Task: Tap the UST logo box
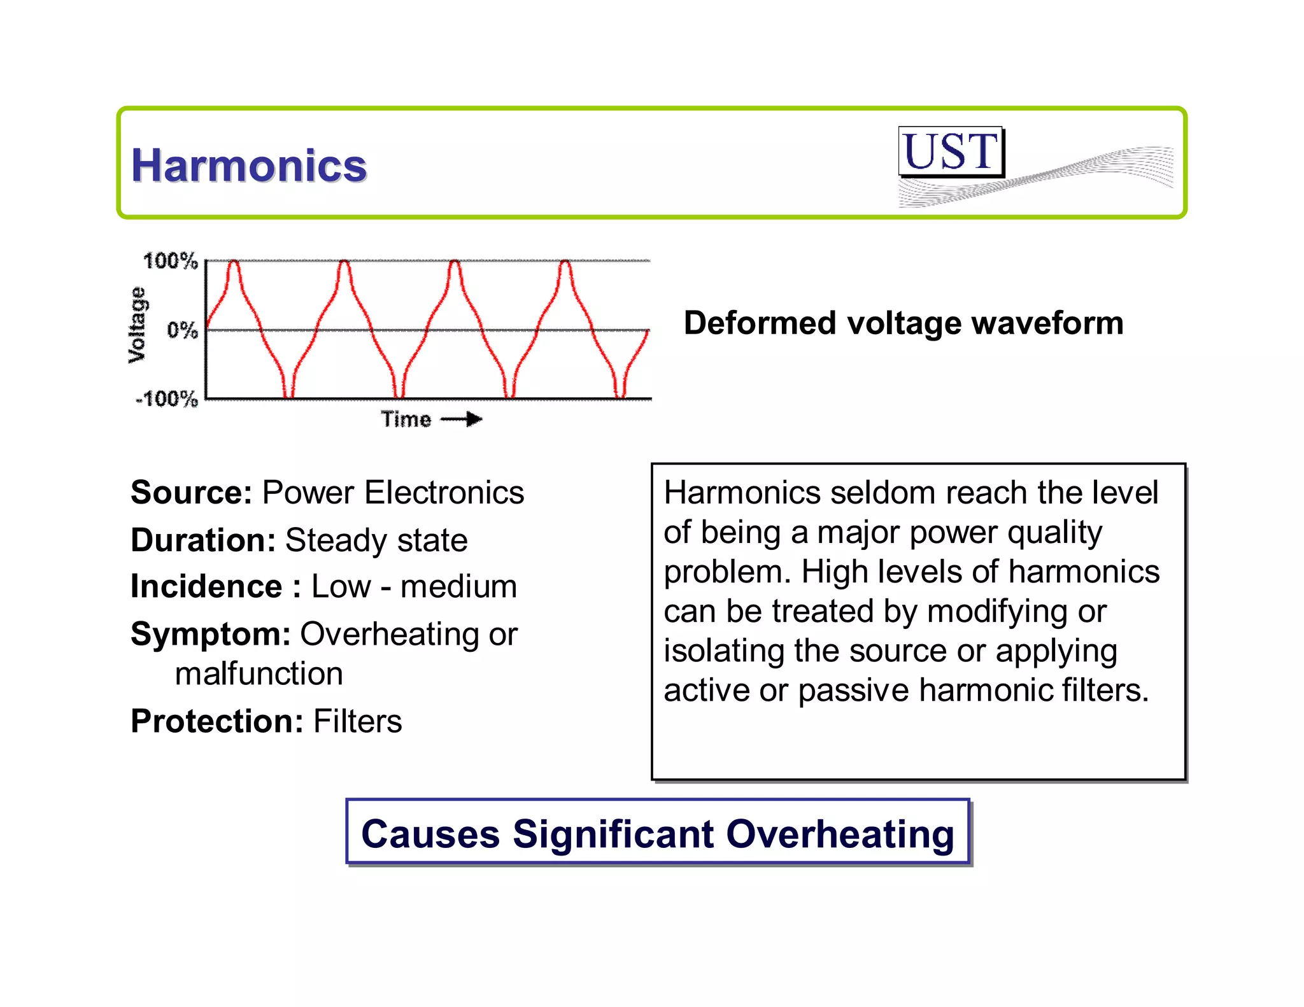pyautogui.click(x=951, y=152)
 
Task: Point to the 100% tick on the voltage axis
pyautogui.click(x=170, y=261)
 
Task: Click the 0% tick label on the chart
pyautogui.click(x=182, y=330)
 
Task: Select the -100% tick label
pyautogui.click(x=167, y=399)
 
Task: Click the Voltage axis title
pyautogui.click(x=137, y=325)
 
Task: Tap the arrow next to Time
pyautogui.click(x=462, y=419)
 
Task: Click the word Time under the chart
pyautogui.click(x=406, y=419)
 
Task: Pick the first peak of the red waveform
pyautogui.click(x=234, y=263)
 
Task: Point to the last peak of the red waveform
pyautogui.click(x=565, y=263)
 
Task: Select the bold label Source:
pyautogui.click(x=192, y=493)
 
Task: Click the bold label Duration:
pyautogui.click(x=203, y=540)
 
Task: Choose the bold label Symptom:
pyautogui.click(x=211, y=634)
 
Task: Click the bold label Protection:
pyautogui.click(x=216, y=721)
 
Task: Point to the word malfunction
pyautogui.click(x=259, y=673)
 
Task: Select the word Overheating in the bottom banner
pyautogui.click(x=840, y=834)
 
